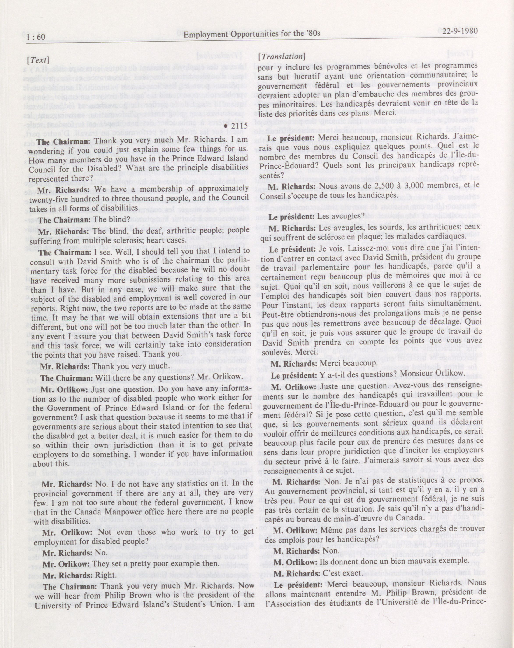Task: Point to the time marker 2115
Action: [x=239, y=126]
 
